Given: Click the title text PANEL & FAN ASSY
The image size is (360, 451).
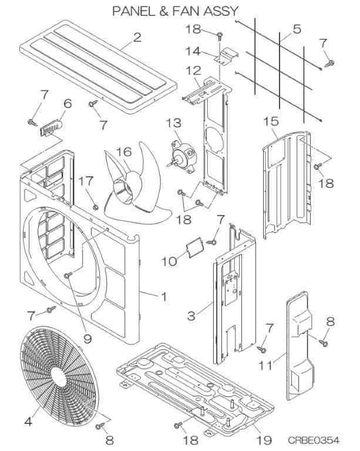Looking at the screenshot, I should tap(176, 11).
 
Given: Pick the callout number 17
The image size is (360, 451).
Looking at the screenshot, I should tap(85, 180).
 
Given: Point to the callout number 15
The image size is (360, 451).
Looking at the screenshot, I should tap(270, 121).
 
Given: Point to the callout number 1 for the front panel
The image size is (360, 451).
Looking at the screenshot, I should tap(164, 297).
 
